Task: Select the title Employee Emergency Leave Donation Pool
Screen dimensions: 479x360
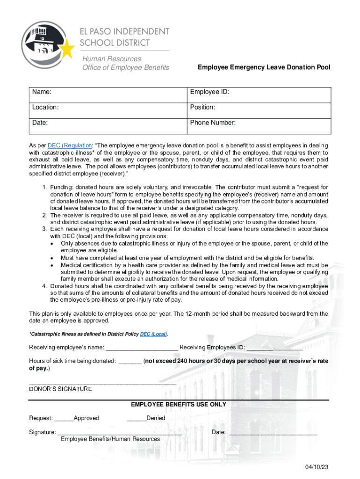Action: [x=264, y=67]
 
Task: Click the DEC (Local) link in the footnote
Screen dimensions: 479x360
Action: [x=153, y=334]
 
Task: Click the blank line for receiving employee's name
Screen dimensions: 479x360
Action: [x=142, y=348]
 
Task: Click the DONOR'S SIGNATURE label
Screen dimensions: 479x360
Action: [x=61, y=389]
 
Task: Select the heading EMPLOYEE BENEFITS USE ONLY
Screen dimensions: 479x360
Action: [x=179, y=405]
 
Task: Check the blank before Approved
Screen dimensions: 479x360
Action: [x=64, y=419]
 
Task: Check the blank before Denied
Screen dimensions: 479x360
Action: [x=136, y=419]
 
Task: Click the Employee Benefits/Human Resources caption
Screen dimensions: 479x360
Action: [x=110, y=439]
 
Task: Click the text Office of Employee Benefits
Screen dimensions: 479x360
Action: [x=126, y=68]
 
